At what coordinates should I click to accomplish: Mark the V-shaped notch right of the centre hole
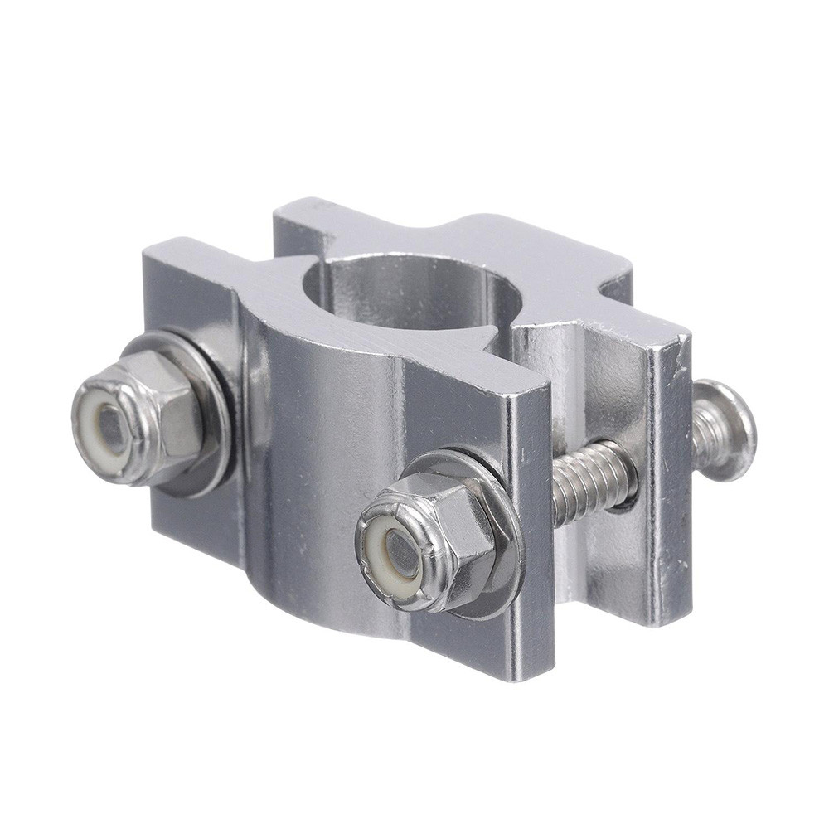coord(502,340)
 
